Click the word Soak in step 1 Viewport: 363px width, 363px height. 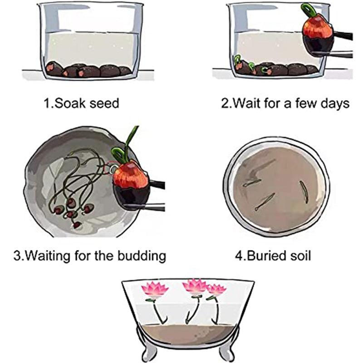point(70,103)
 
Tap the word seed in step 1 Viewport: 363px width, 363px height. point(104,103)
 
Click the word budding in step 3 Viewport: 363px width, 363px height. point(142,256)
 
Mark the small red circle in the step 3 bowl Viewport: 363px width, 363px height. point(109,168)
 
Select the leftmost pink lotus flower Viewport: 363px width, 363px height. point(155,289)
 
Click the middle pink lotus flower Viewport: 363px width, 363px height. point(194,287)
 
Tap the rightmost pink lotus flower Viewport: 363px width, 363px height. point(216,290)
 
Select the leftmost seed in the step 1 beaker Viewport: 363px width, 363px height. point(54,69)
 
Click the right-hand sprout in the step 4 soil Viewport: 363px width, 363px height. point(304,191)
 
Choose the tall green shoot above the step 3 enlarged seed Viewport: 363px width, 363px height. point(130,144)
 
